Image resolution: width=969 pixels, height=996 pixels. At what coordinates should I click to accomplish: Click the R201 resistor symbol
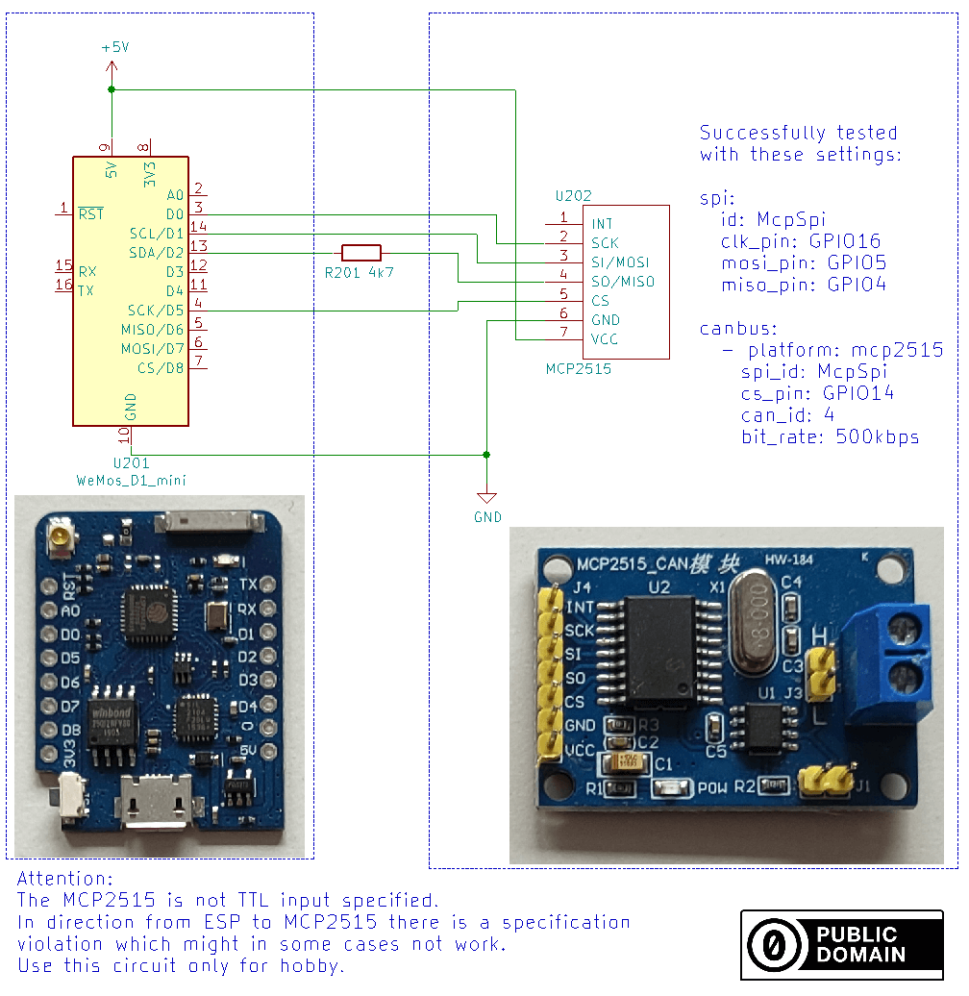pyautogui.click(x=361, y=253)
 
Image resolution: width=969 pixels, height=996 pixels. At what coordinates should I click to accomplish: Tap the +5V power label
pyautogui.click(x=114, y=47)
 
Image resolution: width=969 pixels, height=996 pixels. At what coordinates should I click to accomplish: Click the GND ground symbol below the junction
pyautogui.click(x=487, y=498)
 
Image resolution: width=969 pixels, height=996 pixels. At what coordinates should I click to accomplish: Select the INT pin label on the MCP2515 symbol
pyautogui.click(x=603, y=224)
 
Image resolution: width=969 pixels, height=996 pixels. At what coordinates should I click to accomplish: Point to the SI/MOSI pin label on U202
pyautogui.click(x=620, y=262)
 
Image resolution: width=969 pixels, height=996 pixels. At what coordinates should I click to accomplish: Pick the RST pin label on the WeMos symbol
pyautogui.click(x=91, y=213)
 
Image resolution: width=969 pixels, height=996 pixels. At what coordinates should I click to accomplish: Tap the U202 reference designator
pyautogui.click(x=573, y=195)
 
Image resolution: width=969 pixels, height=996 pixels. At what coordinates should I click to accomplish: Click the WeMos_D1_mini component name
pyautogui.click(x=130, y=479)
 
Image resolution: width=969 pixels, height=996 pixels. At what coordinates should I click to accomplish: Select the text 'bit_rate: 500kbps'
pyautogui.click(x=830, y=436)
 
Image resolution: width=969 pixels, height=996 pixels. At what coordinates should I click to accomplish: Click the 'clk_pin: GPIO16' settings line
pyautogui.click(x=801, y=241)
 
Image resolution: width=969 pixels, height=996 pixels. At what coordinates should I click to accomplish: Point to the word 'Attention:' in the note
pyautogui.click(x=65, y=879)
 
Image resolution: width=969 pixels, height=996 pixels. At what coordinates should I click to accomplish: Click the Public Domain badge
pyautogui.click(x=841, y=944)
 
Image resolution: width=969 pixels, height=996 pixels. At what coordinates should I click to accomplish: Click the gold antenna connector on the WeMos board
pyautogui.click(x=63, y=532)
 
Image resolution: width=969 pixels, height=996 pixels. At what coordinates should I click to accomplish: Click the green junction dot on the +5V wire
pyautogui.click(x=112, y=89)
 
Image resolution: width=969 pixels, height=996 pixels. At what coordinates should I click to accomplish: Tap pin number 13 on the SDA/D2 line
pyautogui.click(x=199, y=247)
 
